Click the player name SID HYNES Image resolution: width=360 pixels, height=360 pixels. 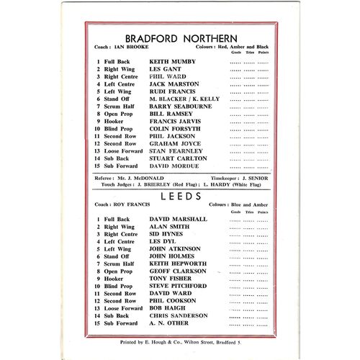pos(167,235)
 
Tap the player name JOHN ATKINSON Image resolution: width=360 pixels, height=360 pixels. pos(173,252)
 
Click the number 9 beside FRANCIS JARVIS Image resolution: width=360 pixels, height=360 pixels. pos(98,122)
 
